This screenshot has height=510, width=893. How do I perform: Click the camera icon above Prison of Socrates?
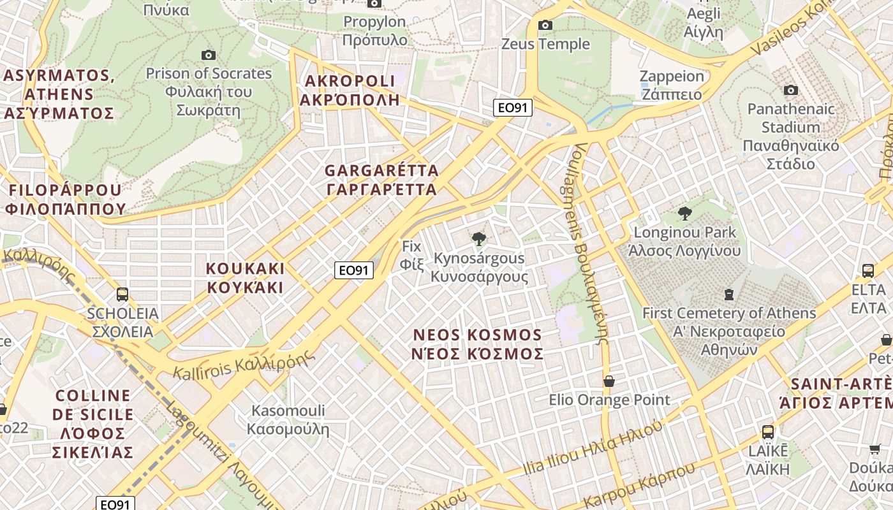pyautogui.click(x=208, y=55)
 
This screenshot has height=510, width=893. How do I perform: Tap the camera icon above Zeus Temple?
pyautogui.click(x=545, y=25)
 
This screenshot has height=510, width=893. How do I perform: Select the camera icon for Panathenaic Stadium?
pyautogui.click(x=791, y=91)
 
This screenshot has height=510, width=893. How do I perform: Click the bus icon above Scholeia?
pyautogui.click(x=122, y=295)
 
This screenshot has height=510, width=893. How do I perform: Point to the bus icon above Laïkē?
pyautogui.click(x=768, y=432)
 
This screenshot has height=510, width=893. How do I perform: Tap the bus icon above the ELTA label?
pyautogui.click(x=868, y=270)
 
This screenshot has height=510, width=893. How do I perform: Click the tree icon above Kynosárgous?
pyautogui.click(x=478, y=239)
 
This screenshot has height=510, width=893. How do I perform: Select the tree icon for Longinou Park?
pyautogui.click(x=685, y=213)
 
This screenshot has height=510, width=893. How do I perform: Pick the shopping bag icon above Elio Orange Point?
pyautogui.click(x=609, y=381)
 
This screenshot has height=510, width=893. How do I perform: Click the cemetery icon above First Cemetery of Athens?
pyautogui.click(x=728, y=295)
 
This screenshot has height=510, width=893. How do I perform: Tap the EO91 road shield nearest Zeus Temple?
pyautogui.click(x=512, y=108)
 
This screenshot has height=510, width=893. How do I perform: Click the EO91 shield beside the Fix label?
pyautogui.click(x=353, y=270)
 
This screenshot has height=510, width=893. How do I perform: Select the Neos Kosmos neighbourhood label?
pyautogui.click(x=478, y=344)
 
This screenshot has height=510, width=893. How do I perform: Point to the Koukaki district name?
pyautogui.click(x=245, y=277)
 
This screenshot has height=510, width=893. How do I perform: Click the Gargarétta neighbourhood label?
pyautogui.click(x=381, y=180)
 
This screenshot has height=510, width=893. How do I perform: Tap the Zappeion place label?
pyautogui.click(x=672, y=85)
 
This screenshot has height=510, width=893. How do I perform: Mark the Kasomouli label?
pyautogui.click(x=288, y=419)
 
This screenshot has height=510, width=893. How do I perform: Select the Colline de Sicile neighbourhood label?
pyautogui.click(x=94, y=424)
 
